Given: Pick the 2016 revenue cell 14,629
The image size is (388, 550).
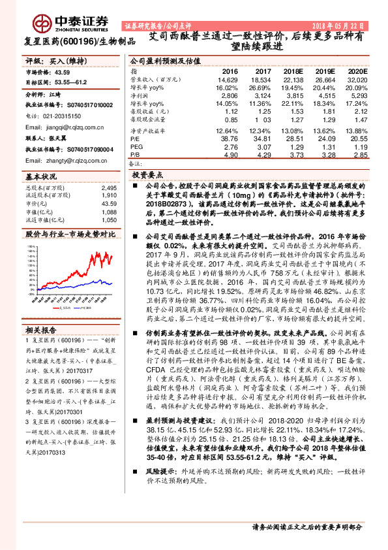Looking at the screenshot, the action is [x=228, y=79].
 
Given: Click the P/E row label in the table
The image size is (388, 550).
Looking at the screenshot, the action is [x=135, y=139].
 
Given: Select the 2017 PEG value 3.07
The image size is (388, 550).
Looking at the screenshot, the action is [x=262, y=147].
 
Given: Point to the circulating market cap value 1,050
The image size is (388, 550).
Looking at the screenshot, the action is [x=109, y=220].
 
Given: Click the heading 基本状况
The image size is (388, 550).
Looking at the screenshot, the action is [x=42, y=177].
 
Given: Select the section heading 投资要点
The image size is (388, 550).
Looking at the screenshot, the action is [x=147, y=176].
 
